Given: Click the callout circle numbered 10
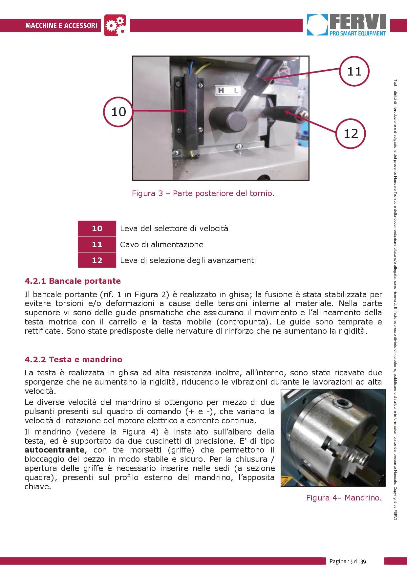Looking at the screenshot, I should click(x=118, y=112).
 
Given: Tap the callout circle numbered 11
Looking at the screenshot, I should click(x=354, y=71).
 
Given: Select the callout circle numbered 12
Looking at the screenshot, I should click(x=351, y=133).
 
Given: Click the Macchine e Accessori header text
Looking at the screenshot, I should click(x=61, y=25).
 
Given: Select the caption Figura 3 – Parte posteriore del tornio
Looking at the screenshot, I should click(x=203, y=193).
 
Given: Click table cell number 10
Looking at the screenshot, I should click(x=97, y=228).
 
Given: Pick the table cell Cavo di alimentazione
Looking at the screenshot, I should click(x=161, y=244).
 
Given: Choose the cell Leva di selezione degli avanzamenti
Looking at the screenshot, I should click(x=188, y=260).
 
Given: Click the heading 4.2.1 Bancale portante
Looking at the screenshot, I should click(x=73, y=281).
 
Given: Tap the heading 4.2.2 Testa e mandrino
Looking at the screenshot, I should click(x=74, y=359).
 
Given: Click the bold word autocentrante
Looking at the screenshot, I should click(x=54, y=450).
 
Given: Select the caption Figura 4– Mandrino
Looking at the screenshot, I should click(x=344, y=498).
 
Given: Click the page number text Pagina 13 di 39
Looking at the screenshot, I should click(x=348, y=561).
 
